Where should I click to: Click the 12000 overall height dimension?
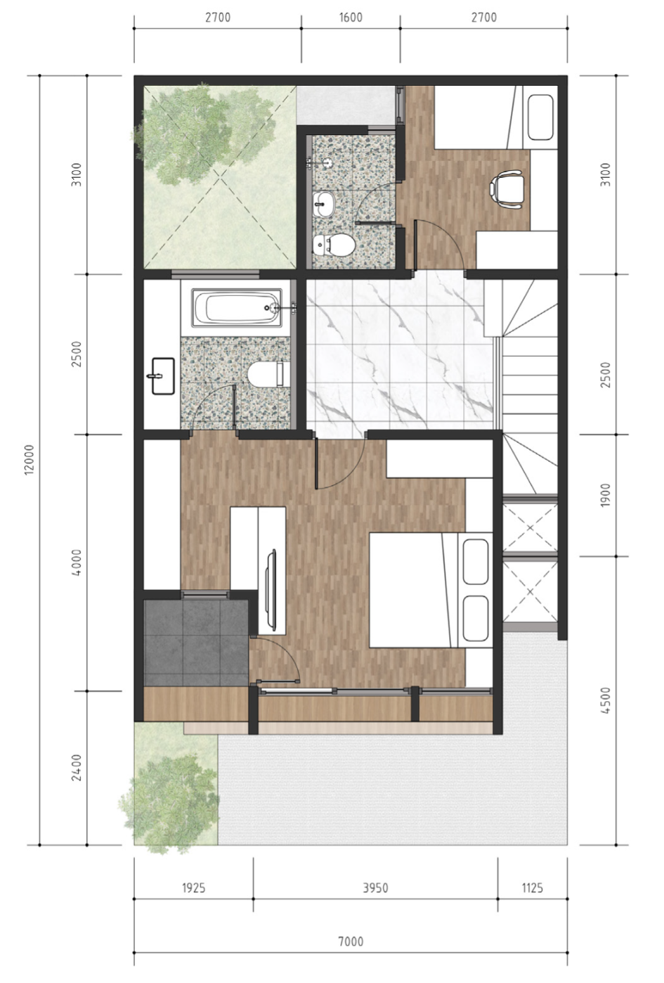pyautogui.click(x=29, y=459)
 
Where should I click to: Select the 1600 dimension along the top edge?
pyautogui.click(x=351, y=18)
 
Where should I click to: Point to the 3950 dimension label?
pyautogui.click(x=375, y=888)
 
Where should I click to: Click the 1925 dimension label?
pyautogui.click(x=193, y=888)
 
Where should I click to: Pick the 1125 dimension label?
pyautogui.click(x=532, y=888)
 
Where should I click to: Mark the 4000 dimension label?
pyautogui.click(x=77, y=563)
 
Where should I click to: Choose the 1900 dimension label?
pyautogui.click(x=605, y=495)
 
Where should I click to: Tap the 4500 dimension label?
pyautogui.click(x=605, y=700)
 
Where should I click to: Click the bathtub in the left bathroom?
pyautogui.click(x=237, y=307)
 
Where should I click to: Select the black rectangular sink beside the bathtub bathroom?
pyautogui.click(x=163, y=376)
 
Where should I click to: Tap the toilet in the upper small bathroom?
pyautogui.click(x=334, y=245)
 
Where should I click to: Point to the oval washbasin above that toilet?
pyautogui.click(x=324, y=204)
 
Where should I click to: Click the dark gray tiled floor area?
pyautogui.click(x=196, y=643)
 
